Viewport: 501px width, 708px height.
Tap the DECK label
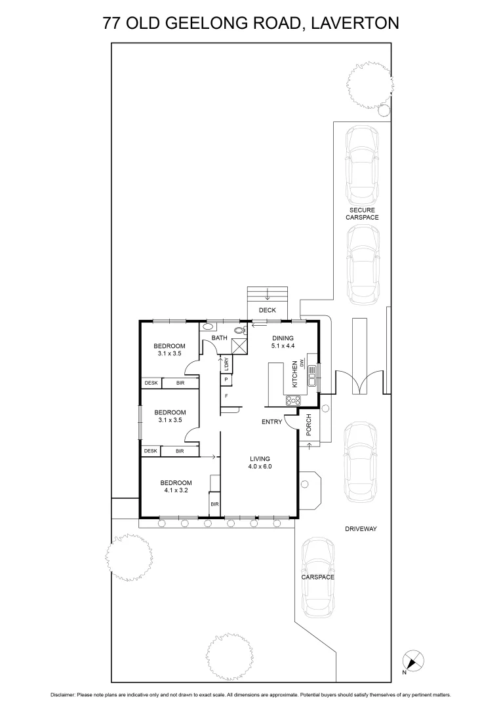(x=268, y=310)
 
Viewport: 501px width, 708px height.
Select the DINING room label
(x=283, y=338)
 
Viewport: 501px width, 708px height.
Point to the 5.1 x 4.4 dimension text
(x=283, y=346)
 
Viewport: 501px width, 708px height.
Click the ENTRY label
(x=271, y=422)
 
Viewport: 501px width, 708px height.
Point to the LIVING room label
(x=259, y=459)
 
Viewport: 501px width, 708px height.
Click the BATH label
(x=219, y=338)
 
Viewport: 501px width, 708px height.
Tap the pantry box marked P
(x=226, y=380)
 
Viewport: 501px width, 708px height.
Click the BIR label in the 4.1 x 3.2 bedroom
(x=214, y=504)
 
